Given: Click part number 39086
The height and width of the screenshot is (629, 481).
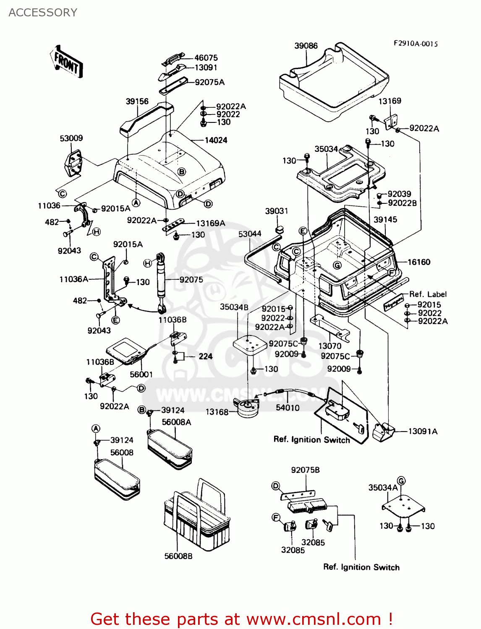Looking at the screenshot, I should point(306,46).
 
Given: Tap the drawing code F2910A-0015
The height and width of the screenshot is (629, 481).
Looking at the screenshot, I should point(415,44).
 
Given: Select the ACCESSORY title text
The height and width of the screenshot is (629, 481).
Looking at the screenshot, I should point(43,13).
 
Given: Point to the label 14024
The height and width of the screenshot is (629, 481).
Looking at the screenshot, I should point(216,140).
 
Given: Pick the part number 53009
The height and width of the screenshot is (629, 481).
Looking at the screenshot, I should point(71,138).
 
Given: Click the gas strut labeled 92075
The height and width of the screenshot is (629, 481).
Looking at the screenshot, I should point(160,281).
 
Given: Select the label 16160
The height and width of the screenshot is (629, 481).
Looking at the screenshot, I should point(419,262).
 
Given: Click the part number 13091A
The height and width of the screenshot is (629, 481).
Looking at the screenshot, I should point(423,431).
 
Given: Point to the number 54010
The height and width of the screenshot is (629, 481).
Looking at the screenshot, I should point(288,407).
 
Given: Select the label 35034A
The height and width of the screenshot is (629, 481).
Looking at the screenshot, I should point(382,488).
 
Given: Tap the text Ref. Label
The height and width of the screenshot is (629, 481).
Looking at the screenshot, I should point(428,294).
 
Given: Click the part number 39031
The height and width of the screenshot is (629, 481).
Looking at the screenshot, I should point(276,211).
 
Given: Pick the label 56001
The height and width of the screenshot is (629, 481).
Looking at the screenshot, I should point(141,374).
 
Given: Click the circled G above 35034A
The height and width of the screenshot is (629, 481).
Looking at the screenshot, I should point(401,481).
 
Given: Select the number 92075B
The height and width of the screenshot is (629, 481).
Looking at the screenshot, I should point(305,470).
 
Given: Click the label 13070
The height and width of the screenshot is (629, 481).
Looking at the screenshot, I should point(329,346).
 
